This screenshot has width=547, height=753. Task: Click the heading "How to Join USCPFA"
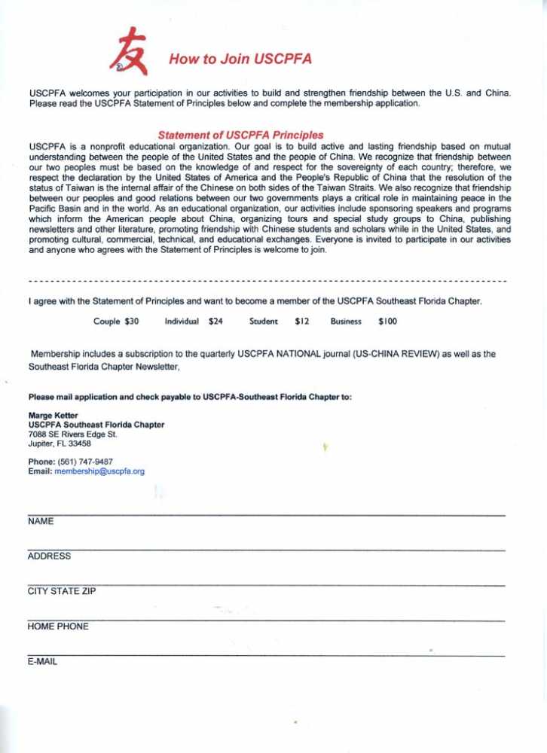pos(240,59)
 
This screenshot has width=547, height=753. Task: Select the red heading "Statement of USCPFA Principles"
pos(240,135)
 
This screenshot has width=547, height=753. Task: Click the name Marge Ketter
pos(53,416)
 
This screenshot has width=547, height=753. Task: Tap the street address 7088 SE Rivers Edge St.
pos(72,434)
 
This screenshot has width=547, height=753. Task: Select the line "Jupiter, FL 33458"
pos(60,443)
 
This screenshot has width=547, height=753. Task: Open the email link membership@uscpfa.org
pos(99,471)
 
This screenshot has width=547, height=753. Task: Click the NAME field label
pos(41,521)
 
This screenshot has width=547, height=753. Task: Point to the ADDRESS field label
pos(49,556)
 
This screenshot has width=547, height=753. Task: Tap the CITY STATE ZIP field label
pos(62,591)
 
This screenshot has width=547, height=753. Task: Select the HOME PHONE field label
pos(58,626)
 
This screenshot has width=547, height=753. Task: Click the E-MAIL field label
pos(42,662)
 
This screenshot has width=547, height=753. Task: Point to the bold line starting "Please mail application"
pos(190,396)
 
